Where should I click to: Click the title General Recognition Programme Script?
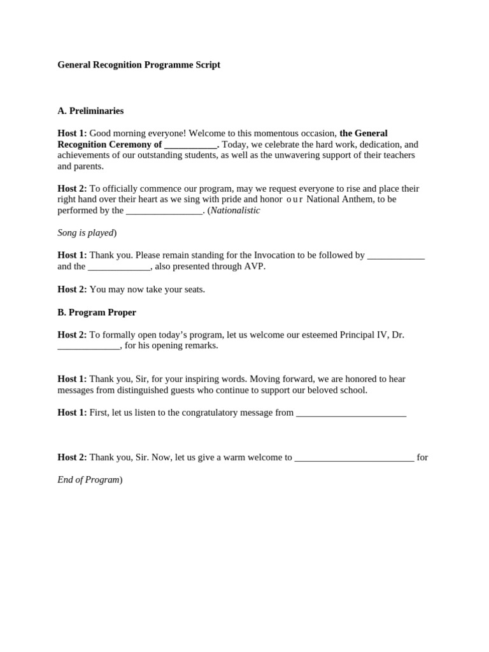139,65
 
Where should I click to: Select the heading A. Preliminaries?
90,111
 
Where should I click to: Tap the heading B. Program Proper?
97,313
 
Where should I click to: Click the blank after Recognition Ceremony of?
190,145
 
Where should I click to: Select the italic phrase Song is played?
85,232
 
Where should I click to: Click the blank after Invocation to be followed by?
396,255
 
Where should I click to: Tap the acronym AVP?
253,266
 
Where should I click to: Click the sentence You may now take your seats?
147,289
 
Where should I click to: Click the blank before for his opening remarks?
89,346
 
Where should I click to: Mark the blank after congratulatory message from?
351,413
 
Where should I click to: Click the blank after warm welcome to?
354,457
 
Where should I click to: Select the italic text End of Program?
88,479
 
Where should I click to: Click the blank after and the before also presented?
118,267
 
